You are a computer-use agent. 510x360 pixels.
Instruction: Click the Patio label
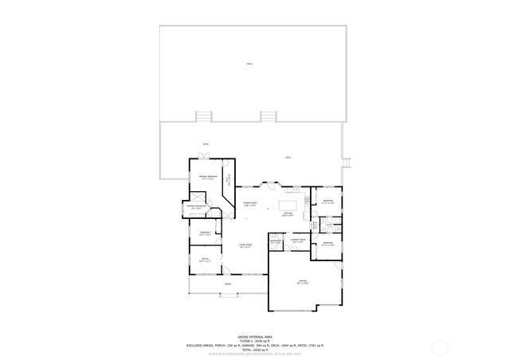tap(249, 62)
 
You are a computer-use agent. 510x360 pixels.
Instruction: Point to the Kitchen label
tap(288, 215)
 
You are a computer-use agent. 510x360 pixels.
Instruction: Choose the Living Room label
tap(246, 247)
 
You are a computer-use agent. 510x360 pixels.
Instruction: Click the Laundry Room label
tap(298, 241)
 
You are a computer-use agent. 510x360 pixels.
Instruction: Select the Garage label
tap(302, 282)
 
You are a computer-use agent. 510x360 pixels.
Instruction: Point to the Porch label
tap(228, 284)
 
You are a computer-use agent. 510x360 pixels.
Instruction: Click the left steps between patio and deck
tap(205, 116)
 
